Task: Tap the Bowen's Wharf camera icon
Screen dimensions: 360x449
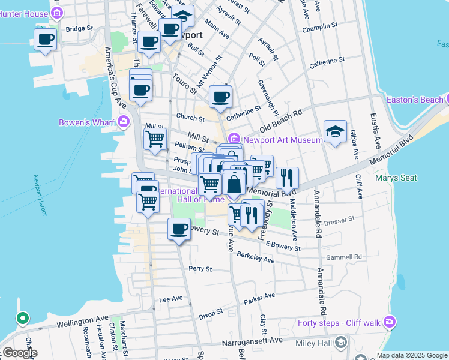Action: click(x=124, y=122)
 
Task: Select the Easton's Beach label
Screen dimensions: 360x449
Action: click(x=415, y=99)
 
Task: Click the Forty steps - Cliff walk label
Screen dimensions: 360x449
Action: click(x=340, y=323)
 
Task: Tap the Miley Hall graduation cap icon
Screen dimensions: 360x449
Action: click(x=341, y=343)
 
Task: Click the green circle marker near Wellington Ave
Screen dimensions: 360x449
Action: click(x=22, y=318)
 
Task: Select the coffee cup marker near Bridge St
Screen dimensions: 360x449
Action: click(x=45, y=40)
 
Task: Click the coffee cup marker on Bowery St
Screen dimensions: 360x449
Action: click(x=178, y=229)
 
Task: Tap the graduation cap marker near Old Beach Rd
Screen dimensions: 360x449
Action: click(x=335, y=132)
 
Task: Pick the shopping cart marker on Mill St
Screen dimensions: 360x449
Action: click(x=155, y=139)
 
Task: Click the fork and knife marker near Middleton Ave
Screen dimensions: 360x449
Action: click(x=288, y=178)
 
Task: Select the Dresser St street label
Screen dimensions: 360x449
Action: click(x=339, y=221)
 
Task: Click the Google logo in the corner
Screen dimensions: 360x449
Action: click(x=20, y=353)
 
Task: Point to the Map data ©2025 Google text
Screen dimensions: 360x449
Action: click(x=411, y=355)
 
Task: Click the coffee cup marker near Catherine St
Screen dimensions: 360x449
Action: click(x=220, y=97)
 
